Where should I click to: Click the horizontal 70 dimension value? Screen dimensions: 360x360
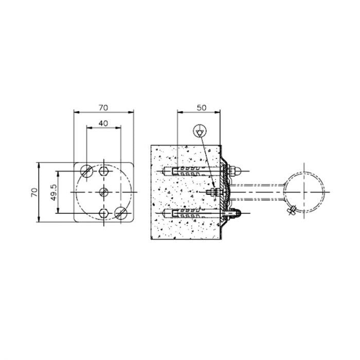click(103, 107)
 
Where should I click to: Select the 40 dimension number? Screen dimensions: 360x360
click(103, 123)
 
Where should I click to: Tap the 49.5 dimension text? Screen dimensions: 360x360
click(52, 192)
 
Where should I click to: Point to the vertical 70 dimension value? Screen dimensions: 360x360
click(34, 192)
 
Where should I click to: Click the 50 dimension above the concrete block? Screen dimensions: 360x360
click(201, 107)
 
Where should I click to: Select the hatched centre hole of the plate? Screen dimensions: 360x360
click(103, 192)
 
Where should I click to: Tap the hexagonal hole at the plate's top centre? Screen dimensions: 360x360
click(104, 170)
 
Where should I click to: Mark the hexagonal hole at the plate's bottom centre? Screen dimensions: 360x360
click(104, 213)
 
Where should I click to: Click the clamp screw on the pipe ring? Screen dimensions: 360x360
click(291, 209)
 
